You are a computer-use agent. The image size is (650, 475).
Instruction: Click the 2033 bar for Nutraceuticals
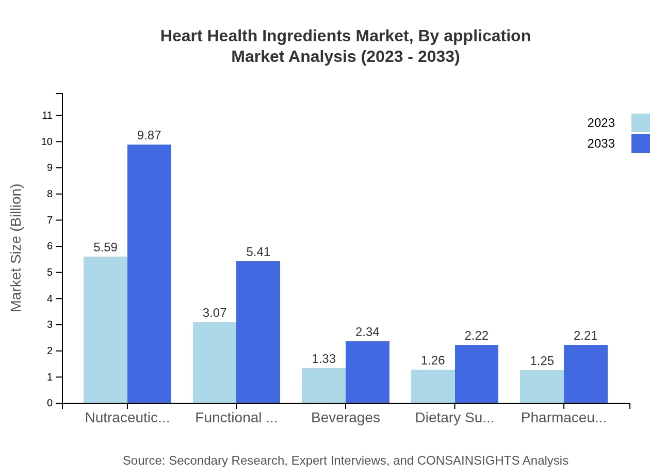(149, 274)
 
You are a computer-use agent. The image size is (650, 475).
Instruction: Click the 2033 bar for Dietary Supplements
(477, 374)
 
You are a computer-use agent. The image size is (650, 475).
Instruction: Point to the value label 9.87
(149, 135)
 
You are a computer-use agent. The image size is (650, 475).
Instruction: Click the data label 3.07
(215, 313)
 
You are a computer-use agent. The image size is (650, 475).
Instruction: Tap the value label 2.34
(367, 332)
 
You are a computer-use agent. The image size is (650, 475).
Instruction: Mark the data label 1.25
(542, 361)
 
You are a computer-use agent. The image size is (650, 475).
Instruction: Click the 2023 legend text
(601, 123)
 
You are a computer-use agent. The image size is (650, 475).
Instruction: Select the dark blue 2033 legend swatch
(640, 144)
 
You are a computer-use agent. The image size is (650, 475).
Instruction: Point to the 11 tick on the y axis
(47, 116)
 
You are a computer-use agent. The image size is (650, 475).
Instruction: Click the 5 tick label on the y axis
(50, 273)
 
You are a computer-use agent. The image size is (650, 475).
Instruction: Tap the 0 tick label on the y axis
(50, 403)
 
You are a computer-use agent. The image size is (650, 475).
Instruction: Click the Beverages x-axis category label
(346, 418)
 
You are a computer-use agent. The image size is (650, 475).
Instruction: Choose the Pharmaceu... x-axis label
(563, 418)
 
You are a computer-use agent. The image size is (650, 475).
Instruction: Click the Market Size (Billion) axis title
(17, 248)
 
